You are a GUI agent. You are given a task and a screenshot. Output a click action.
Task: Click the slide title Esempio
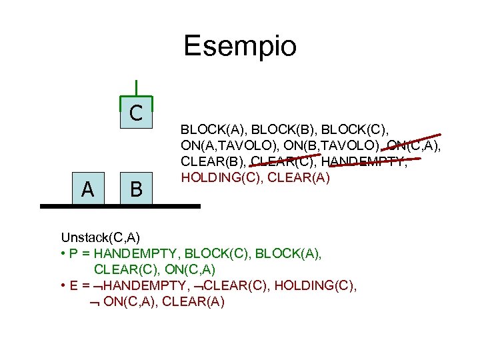(x=240, y=47)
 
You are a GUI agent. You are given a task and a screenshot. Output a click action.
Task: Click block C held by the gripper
(x=136, y=113)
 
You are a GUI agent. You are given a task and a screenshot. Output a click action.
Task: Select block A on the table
(x=87, y=190)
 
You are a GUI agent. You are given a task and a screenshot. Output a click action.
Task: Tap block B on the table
(x=136, y=190)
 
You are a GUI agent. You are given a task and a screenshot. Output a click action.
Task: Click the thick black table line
(x=120, y=207)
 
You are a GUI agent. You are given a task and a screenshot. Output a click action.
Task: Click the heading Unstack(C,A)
(x=101, y=237)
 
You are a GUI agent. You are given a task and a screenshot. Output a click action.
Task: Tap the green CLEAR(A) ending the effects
(x=193, y=302)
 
